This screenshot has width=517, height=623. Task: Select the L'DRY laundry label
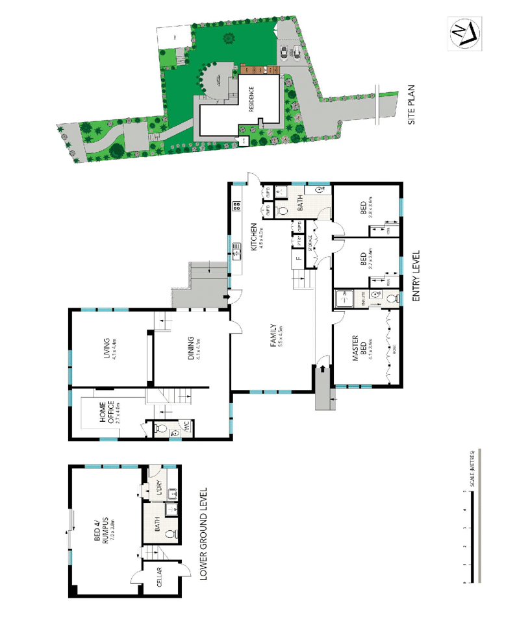click(x=158, y=487)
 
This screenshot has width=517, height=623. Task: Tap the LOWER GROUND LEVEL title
click(x=203, y=533)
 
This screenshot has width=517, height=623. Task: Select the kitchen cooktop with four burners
click(x=237, y=207)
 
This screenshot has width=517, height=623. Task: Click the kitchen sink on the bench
click(x=237, y=247)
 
